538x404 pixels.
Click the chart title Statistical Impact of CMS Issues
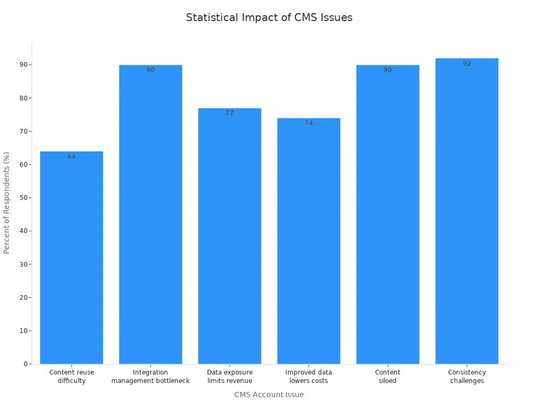pos(269,17)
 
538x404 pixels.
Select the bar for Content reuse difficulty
pos(71,258)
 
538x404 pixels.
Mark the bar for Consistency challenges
pos(467,211)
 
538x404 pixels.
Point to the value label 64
pos(71,157)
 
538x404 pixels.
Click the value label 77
pos(230,113)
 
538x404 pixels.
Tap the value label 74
pos(308,123)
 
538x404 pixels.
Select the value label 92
pos(467,64)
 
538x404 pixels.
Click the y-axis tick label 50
pos(24,198)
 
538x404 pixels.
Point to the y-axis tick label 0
pos(25,364)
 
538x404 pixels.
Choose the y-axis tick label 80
pos(24,98)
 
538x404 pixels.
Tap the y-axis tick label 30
pos(24,264)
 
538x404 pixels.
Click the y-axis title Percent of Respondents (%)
pos(7,203)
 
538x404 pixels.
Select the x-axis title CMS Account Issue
pos(269,395)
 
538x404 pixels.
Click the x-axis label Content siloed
pos(388,377)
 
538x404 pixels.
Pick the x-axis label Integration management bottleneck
pos(150,377)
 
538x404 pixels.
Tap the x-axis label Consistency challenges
pos(467,377)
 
